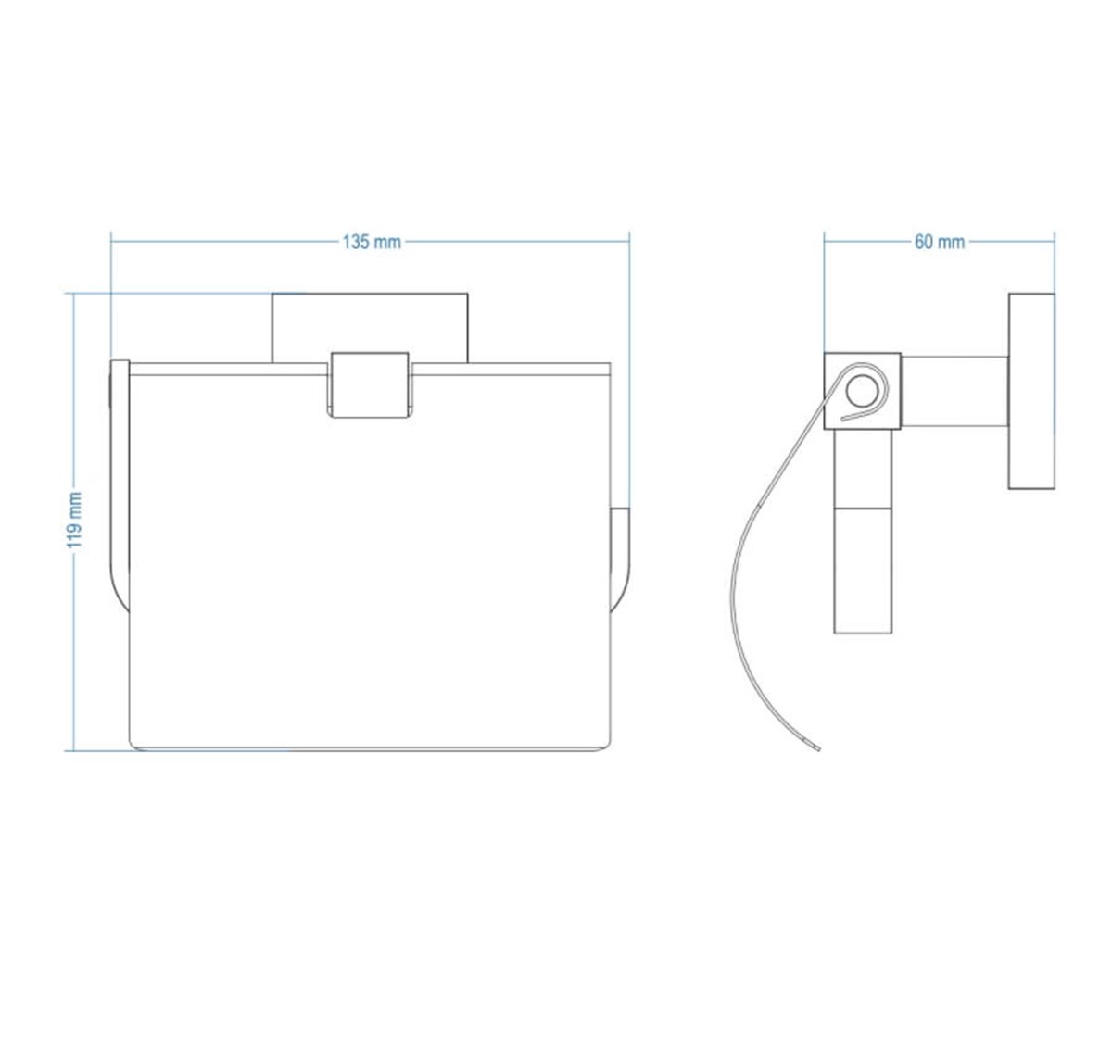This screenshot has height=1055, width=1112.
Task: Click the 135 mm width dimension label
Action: coord(372,242)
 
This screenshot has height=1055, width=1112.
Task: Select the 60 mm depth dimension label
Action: coord(940,242)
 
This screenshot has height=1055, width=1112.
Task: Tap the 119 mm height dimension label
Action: coord(75,521)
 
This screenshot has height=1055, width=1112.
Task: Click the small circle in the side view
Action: coord(862,391)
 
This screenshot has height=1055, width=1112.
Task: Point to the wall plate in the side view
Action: coord(1031,391)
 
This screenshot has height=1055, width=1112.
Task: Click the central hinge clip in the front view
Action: coord(370,385)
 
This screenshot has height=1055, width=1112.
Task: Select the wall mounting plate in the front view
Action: coord(370,327)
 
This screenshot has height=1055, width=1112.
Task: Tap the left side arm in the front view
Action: coord(120,486)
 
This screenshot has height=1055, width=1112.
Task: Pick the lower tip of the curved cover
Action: coord(818,749)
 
